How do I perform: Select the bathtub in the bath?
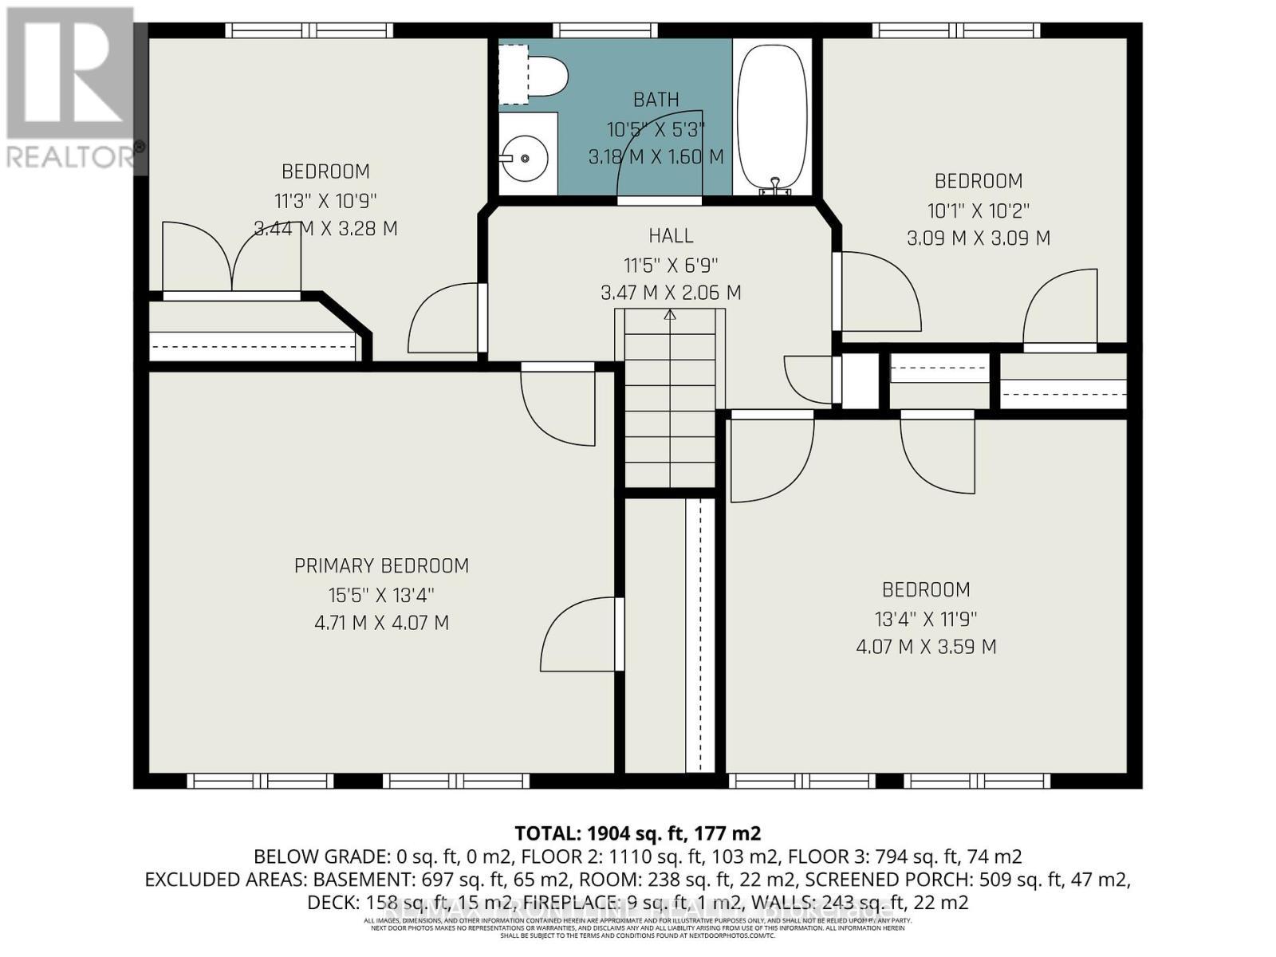click(x=771, y=116)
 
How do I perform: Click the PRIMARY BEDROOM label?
click(x=381, y=566)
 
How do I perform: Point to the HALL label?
click(x=671, y=236)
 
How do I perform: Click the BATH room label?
click(x=656, y=100)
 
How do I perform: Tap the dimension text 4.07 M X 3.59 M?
click(x=926, y=647)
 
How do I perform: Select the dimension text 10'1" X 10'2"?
click(x=978, y=211)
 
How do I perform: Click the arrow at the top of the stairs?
click(x=670, y=316)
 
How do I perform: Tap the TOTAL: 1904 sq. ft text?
click(x=637, y=833)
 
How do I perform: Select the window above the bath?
click(x=605, y=30)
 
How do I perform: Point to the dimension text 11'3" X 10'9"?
click(x=325, y=200)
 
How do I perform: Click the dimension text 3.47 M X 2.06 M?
click(x=671, y=293)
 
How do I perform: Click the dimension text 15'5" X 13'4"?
click(x=381, y=595)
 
